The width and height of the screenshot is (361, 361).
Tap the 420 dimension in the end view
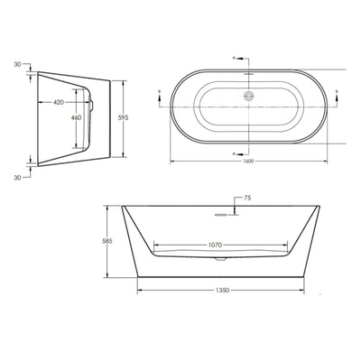58,103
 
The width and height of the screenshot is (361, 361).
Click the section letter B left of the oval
160,90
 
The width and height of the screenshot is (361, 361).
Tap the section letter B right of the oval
337,90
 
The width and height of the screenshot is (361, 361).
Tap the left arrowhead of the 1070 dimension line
155,244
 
